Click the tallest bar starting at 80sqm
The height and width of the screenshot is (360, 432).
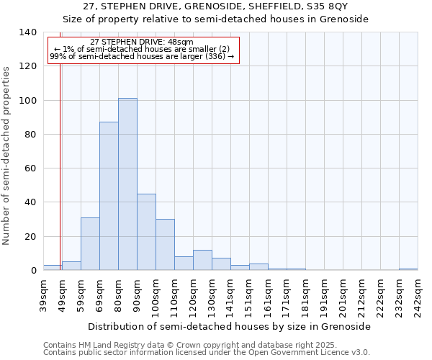click(x=127, y=184)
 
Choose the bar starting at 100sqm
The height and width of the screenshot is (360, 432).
click(x=165, y=245)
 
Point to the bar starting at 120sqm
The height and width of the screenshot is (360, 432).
click(x=202, y=261)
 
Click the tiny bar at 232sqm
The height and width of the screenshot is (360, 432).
click(x=408, y=269)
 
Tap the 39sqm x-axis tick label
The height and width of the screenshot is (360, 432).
click(x=43, y=295)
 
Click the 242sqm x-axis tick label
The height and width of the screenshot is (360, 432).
click(x=418, y=295)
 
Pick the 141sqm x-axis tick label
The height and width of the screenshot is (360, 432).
click(x=230, y=295)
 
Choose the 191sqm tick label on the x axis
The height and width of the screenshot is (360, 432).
click(x=324, y=295)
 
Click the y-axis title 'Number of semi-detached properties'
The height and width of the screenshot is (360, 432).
click(x=6, y=156)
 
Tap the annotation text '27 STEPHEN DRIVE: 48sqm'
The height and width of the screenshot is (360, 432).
click(x=142, y=42)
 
